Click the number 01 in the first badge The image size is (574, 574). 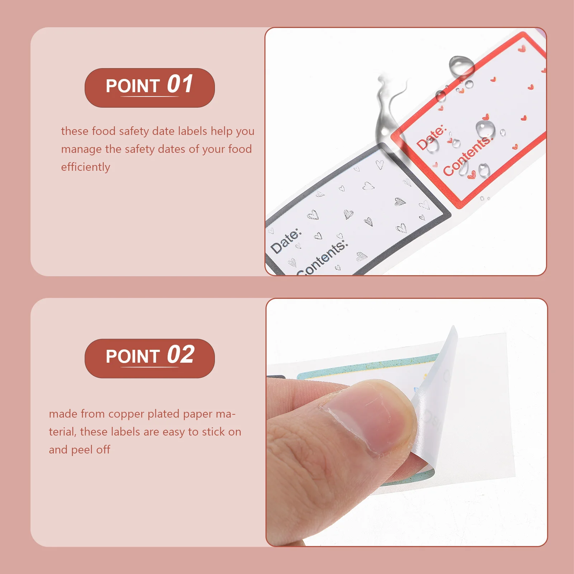pos(180,84)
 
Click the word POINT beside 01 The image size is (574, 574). pos(133,86)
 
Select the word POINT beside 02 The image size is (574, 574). pos(133,357)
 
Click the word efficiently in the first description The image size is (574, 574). pos(85,167)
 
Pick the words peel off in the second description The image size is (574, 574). pos(91,450)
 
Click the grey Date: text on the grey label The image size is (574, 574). pos(286,241)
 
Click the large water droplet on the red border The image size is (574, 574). pos(461,66)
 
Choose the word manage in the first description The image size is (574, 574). pos(81,150)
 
